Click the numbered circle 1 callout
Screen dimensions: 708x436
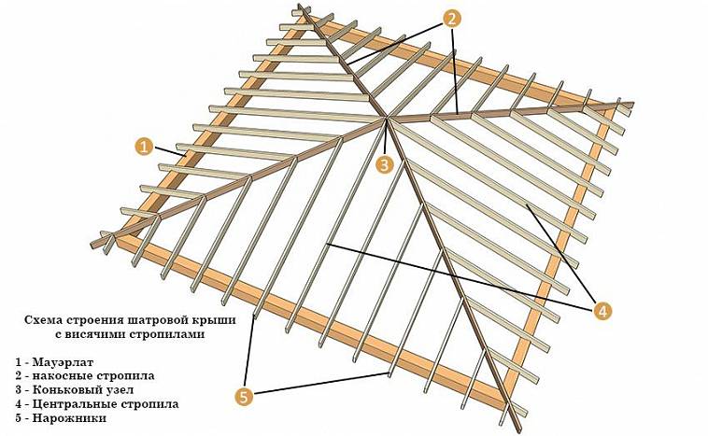point(144,148)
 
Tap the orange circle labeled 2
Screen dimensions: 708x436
point(451,18)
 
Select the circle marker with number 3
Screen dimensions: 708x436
point(384,164)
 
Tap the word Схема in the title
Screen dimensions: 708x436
point(43,320)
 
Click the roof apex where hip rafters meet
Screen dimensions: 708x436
point(387,119)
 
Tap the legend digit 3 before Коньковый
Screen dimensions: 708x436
point(18,389)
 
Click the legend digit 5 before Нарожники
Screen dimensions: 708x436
point(18,418)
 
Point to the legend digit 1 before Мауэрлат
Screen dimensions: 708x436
point(18,362)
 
